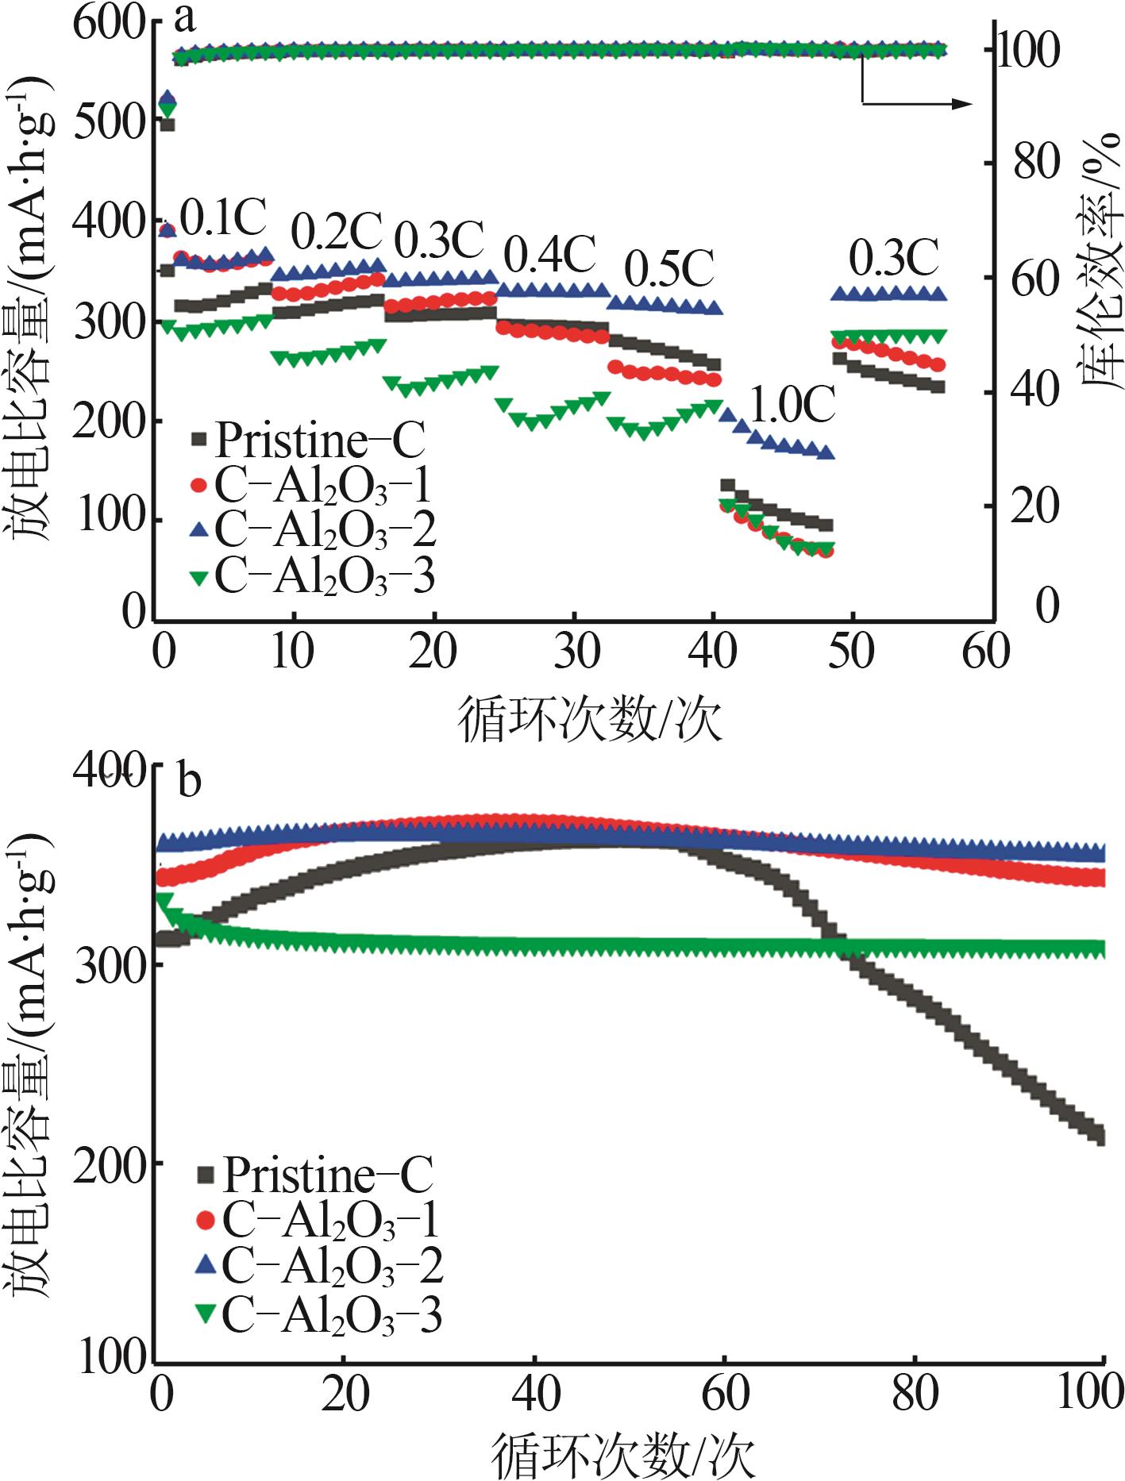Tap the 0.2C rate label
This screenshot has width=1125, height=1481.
(337, 231)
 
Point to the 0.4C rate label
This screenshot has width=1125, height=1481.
(550, 254)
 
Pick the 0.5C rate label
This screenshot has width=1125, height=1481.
(669, 269)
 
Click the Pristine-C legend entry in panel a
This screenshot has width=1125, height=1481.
(309, 439)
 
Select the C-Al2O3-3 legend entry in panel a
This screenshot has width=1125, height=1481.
(314, 576)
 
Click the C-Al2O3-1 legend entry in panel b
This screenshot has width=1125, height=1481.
(318, 1219)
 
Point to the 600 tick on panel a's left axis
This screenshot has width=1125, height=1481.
(110, 22)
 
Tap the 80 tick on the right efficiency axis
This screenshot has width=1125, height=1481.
(1035, 163)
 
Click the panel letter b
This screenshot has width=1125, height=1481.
(190, 781)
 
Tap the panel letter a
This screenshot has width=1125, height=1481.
(183, 17)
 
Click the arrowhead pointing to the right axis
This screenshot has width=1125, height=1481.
(962, 103)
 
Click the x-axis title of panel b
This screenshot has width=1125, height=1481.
(624, 1454)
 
